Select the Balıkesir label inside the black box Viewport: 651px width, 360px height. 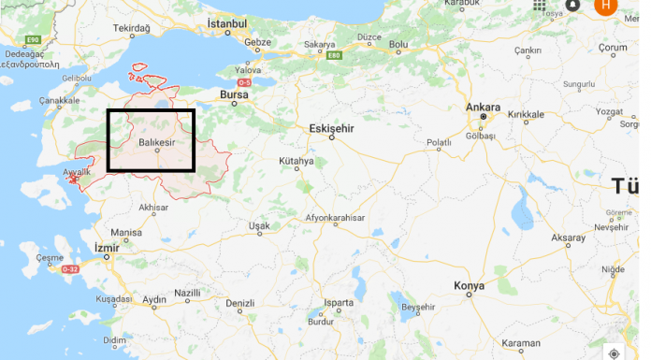point(156,141)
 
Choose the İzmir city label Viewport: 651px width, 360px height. point(108,247)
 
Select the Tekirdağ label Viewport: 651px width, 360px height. point(131,30)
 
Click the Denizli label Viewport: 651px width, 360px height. point(240,303)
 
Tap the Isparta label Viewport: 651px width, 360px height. point(339,303)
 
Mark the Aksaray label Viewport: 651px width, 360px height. point(568,238)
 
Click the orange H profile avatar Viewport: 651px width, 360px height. point(605,5)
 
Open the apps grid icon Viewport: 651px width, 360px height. point(540,5)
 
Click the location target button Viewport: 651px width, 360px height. point(614,353)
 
